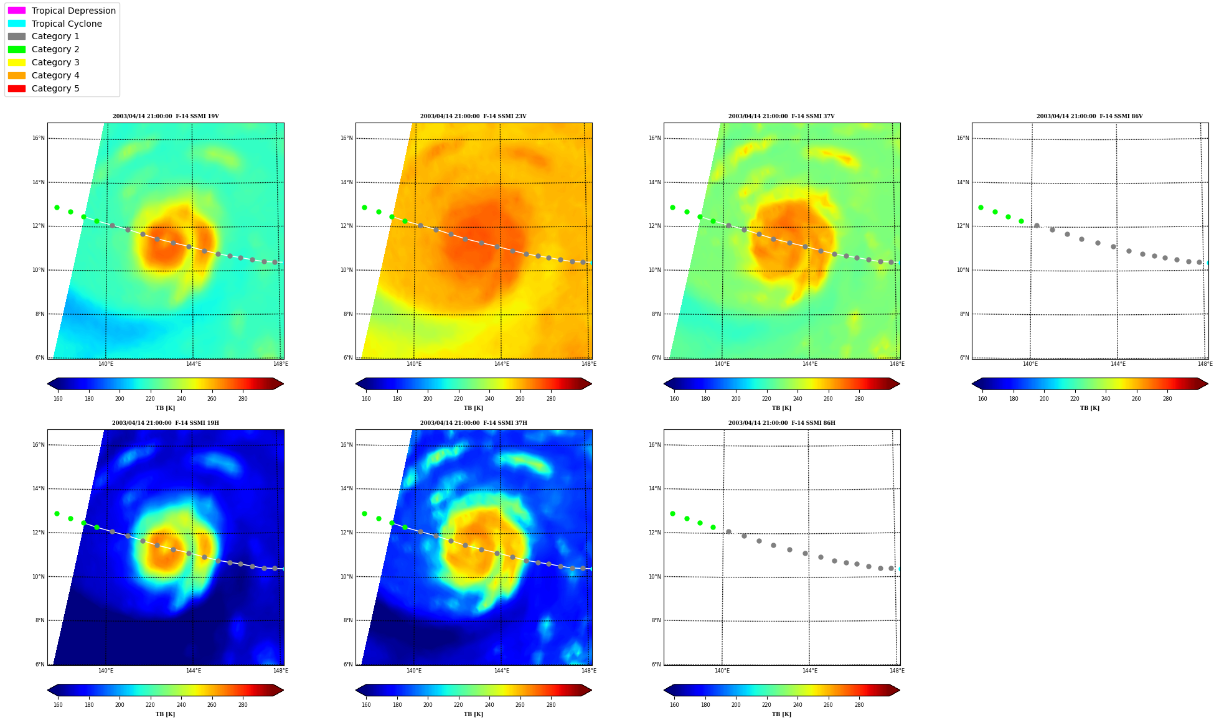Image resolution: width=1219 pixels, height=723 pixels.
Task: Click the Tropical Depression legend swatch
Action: click(x=17, y=11)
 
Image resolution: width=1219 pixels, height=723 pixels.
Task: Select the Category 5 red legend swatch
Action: click(x=17, y=88)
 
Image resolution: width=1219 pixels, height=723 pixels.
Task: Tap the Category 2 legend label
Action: click(x=55, y=49)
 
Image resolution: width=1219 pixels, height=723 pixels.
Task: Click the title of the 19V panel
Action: click(x=166, y=116)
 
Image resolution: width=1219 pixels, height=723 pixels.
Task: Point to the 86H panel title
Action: click(x=782, y=423)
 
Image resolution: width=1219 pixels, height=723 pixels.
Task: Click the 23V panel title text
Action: click(x=473, y=116)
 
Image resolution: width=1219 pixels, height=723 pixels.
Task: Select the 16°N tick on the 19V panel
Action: click(x=39, y=138)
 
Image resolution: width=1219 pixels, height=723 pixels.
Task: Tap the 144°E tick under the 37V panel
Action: click(x=809, y=364)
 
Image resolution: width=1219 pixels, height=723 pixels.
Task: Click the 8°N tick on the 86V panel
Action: click(x=964, y=314)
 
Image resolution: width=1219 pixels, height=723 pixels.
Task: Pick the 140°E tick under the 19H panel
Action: click(x=106, y=671)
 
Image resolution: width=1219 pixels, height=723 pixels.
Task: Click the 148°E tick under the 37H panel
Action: click(x=589, y=671)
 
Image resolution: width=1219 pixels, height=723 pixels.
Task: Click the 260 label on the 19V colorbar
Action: click(x=212, y=399)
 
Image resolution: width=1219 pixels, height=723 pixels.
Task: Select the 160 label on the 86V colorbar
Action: click(x=982, y=399)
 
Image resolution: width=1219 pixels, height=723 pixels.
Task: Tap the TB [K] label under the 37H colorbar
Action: click(x=473, y=714)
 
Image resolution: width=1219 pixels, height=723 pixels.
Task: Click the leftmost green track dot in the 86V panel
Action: click(x=981, y=207)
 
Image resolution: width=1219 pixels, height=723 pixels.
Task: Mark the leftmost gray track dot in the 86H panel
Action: click(x=728, y=531)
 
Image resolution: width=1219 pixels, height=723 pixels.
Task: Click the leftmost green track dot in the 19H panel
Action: click(x=57, y=513)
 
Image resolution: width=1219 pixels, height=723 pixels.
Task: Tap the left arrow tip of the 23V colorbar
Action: click(x=356, y=384)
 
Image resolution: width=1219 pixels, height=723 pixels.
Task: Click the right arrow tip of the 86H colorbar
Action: click(x=900, y=690)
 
